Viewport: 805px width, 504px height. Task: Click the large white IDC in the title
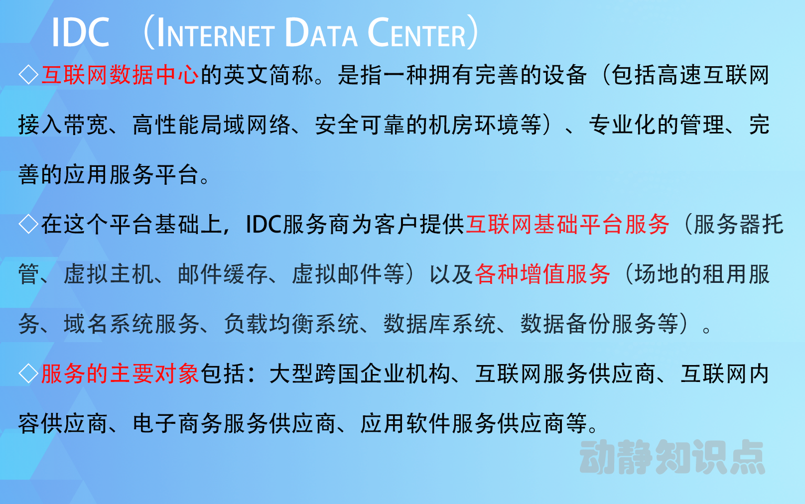[x=81, y=32]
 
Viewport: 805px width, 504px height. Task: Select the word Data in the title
[x=321, y=32]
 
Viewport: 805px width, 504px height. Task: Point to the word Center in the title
[x=416, y=32]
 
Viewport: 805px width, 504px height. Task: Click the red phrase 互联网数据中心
[x=120, y=75]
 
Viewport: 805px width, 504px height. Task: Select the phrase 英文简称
[x=268, y=75]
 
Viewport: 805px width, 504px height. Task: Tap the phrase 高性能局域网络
[x=211, y=125]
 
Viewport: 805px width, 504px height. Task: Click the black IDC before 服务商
[x=264, y=225]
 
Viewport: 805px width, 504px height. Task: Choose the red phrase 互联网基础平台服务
[x=567, y=225]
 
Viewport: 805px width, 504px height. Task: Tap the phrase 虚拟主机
[x=109, y=274]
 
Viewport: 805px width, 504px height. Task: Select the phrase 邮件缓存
[x=223, y=274]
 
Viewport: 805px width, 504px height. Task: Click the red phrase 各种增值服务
[x=542, y=274]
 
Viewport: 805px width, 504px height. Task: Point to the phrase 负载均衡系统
[x=291, y=324]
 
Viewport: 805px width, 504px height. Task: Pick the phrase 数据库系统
[x=439, y=324]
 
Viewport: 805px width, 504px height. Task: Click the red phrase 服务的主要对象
[x=120, y=374]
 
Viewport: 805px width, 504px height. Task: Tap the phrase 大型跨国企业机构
[x=360, y=374]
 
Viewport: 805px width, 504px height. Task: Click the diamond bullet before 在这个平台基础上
[x=29, y=225]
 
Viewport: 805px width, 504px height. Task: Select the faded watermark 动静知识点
[x=672, y=457]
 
